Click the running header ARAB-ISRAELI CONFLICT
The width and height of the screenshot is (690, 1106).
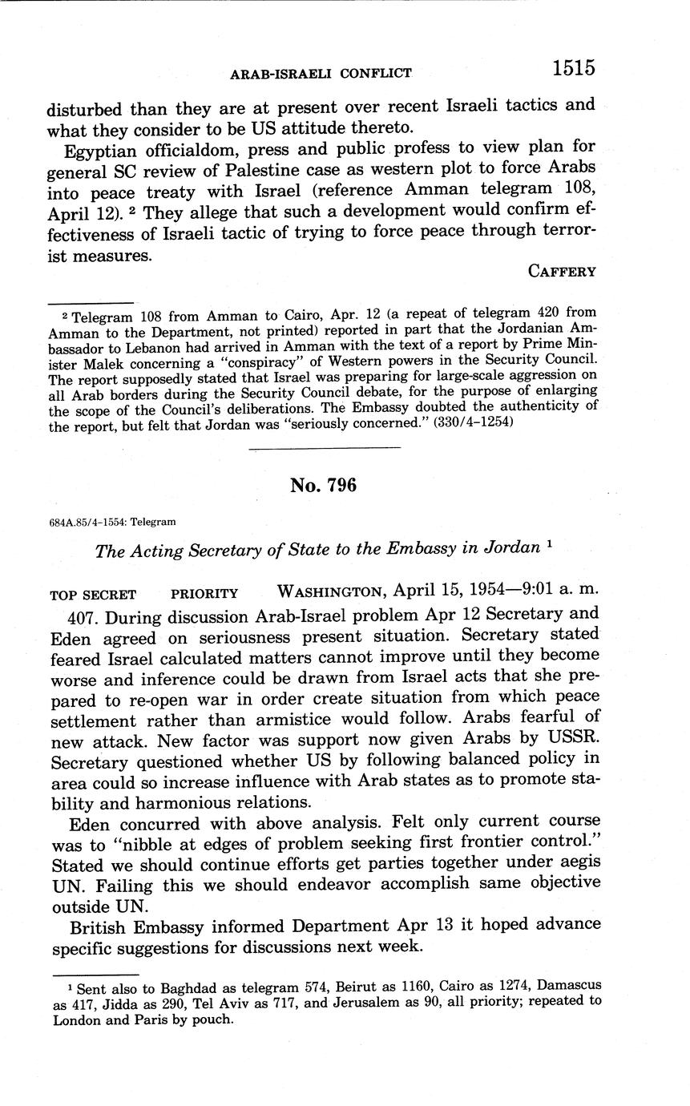click(x=321, y=73)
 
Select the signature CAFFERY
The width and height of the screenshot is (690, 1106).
click(x=562, y=271)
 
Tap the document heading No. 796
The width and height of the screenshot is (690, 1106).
click(x=323, y=485)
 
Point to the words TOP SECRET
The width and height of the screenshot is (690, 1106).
click(x=93, y=594)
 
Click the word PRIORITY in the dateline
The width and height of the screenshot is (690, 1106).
click(x=204, y=594)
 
